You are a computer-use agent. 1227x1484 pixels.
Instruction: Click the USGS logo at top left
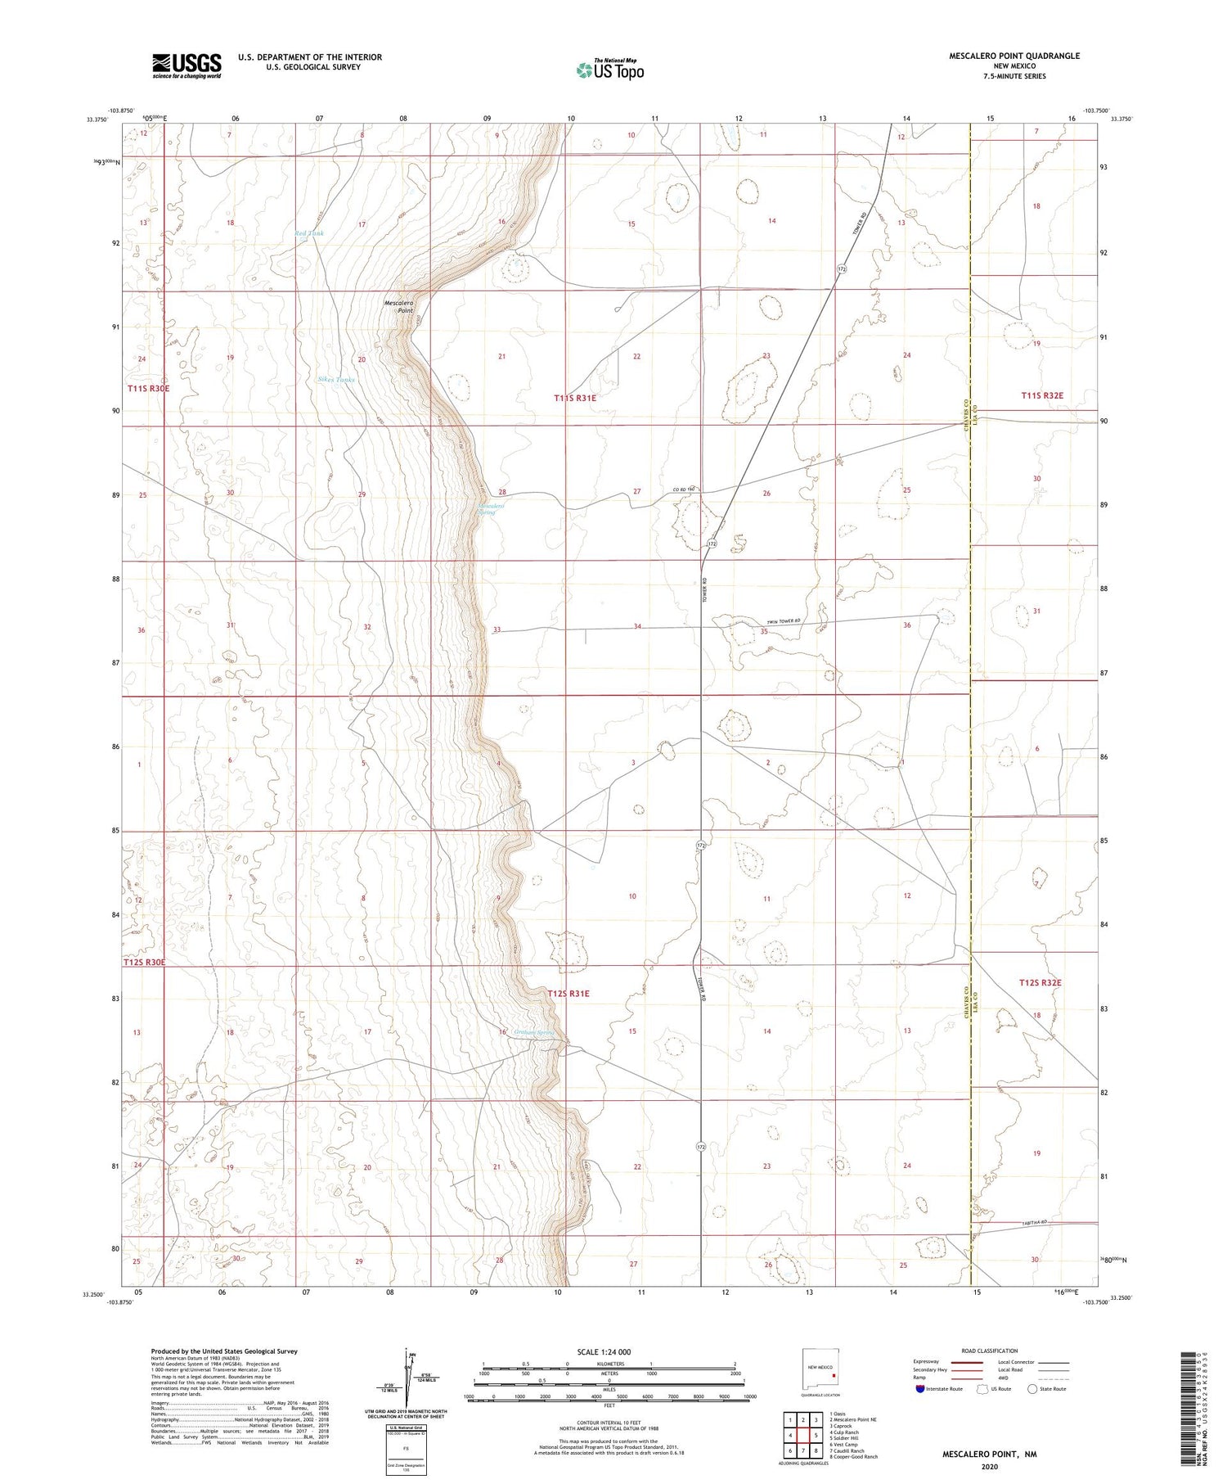187,65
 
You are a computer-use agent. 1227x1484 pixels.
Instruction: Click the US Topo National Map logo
610,70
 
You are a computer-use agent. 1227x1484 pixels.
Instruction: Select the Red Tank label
309,233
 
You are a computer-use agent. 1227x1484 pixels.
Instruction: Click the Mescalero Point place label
399,306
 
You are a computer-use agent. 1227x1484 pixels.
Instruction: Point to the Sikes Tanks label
336,380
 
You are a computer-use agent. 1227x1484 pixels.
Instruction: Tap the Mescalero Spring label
491,509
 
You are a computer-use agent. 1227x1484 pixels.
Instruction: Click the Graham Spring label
534,1032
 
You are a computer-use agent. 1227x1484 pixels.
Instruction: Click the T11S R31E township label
575,398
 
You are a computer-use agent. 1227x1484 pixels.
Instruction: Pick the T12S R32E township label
1040,982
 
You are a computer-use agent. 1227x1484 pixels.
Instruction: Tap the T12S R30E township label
145,963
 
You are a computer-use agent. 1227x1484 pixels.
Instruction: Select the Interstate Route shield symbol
920,1389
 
